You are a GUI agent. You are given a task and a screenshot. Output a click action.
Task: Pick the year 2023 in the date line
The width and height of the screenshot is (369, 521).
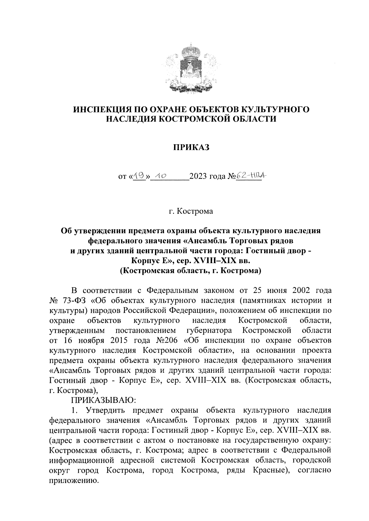[x=199, y=177]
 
